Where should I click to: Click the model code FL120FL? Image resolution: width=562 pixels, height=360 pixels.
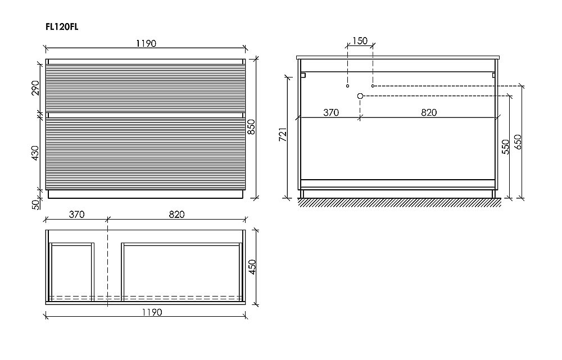point(62,27)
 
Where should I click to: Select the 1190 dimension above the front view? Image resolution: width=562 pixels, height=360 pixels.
point(146,44)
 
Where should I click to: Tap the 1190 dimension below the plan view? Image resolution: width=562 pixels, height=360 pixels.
point(152,312)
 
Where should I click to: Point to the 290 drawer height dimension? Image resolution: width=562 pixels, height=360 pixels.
point(35,88)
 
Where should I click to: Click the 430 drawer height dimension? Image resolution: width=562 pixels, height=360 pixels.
point(35,153)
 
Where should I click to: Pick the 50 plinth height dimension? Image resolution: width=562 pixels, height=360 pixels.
point(35,204)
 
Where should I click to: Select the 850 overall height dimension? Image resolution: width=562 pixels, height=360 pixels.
point(252,127)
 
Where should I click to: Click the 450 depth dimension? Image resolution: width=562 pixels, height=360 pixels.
point(252,267)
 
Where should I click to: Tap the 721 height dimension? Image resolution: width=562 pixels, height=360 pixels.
point(283,134)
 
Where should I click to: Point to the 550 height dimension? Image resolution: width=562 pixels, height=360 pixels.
point(505,147)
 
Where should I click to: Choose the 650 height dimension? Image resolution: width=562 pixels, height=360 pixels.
point(518,142)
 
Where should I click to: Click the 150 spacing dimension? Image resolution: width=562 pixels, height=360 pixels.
point(360,41)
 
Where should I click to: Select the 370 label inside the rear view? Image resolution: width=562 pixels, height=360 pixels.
point(331,112)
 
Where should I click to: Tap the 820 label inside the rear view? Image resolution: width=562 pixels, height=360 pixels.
point(429,112)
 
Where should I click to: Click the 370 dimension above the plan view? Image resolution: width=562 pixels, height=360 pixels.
point(76,214)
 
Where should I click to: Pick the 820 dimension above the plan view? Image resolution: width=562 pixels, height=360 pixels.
point(176,214)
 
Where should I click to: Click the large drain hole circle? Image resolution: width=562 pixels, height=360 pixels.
point(361,96)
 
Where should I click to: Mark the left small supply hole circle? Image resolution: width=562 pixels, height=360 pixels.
point(348,86)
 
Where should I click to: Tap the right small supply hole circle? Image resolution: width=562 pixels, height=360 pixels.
point(373,86)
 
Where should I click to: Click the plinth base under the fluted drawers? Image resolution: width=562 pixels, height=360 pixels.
point(146,194)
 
